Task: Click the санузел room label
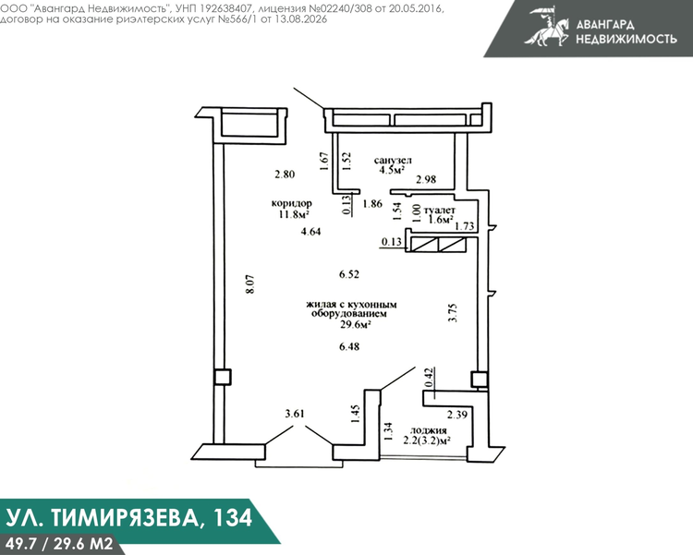click(x=393, y=160)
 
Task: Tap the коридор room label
click(x=291, y=203)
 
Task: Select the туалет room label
click(x=439, y=211)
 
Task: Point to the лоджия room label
click(x=428, y=430)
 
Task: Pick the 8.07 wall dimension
click(x=250, y=284)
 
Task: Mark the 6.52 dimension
click(x=349, y=274)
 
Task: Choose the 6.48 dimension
click(x=349, y=347)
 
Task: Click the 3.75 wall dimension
click(x=453, y=313)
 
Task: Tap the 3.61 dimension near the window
click(x=295, y=414)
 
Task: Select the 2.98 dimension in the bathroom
click(x=426, y=179)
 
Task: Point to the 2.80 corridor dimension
click(x=285, y=175)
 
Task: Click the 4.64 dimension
click(x=310, y=231)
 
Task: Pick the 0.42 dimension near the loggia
click(x=428, y=379)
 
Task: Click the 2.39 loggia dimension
click(x=457, y=415)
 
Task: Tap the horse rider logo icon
click(x=547, y=27)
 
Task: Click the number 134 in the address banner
click(x=234, y=517)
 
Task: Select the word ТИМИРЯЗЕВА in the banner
click(x=125, y=518)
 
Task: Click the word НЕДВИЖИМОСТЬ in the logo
click(x=626, y=39)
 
